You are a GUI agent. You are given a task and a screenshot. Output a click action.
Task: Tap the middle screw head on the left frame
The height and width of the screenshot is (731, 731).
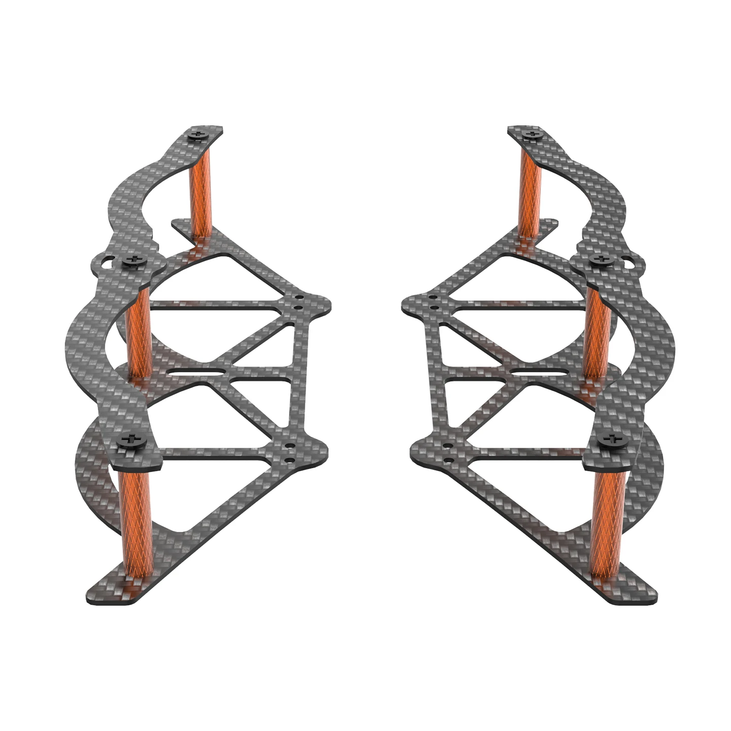click(x=135, y=260)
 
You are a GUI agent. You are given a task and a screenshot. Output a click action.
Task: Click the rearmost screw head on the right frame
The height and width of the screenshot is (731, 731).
click(x=533, y=135)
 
